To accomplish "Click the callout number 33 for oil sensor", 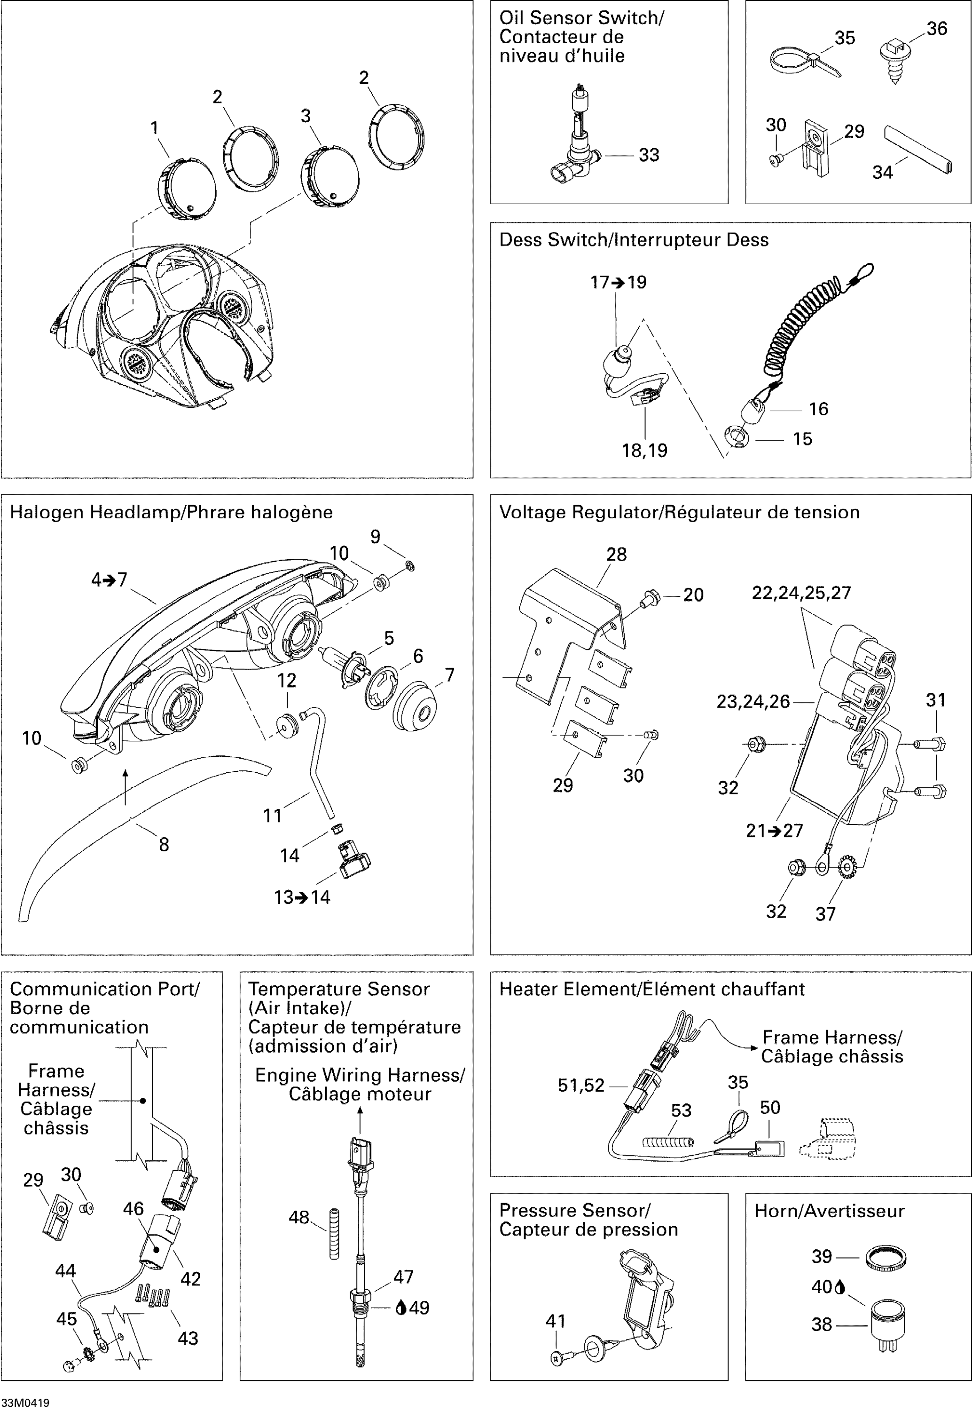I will click(649, 155).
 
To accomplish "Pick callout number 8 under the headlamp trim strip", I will click(164, 844).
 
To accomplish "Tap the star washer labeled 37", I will click(847, 868).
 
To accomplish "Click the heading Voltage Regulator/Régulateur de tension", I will click(679, 512).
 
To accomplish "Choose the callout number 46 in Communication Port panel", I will click(133, 1209).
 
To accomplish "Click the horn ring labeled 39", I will click(886, 1258).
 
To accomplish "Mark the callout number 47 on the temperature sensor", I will click(403, 1276).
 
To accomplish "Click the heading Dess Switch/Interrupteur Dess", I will click(634, 240).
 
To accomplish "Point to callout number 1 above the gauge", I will click(155, 128).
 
